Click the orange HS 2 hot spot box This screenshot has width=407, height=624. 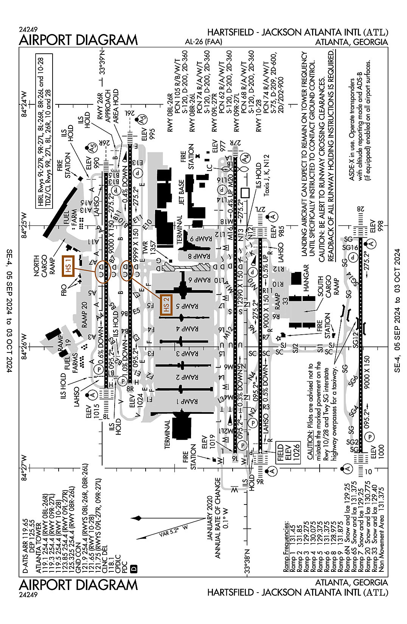[166, 305]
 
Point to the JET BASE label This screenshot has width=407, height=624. [182, 192]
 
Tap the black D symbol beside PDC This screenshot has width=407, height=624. [133, 568]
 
